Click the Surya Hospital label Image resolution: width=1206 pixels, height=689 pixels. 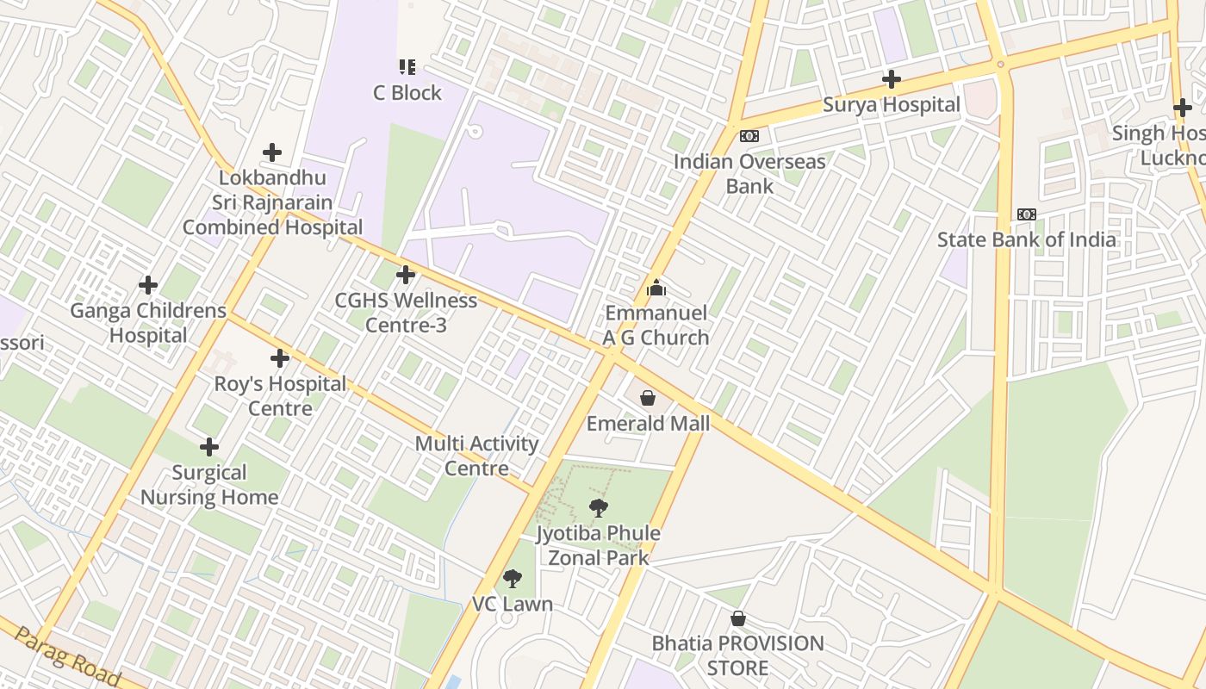click(891, 105)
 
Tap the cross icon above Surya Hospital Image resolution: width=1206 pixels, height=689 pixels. click(892, 80)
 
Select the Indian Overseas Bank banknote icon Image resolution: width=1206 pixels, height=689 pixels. click(749, 136)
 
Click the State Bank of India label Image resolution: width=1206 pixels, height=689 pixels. click(1027, 239)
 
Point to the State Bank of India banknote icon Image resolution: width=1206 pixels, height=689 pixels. click(1026, 214)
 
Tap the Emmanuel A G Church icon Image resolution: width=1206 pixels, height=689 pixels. click(656, 288)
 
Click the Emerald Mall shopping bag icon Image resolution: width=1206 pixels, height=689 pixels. click(648, 398)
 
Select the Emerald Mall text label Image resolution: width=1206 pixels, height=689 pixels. click(648, 424)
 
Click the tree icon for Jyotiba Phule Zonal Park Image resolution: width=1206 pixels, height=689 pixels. click(598, 508)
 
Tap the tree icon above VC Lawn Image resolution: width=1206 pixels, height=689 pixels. click(513, 579)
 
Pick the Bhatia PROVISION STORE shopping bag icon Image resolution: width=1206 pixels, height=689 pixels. click(738, 618)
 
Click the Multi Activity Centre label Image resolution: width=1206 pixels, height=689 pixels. click(476, 456)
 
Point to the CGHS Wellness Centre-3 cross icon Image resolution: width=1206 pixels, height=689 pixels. click(405, 276)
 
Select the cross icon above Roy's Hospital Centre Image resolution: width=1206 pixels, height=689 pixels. click(280, 358)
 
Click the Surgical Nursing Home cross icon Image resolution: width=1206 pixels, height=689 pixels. click(209, 447)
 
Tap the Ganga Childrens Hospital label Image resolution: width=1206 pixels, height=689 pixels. click(148, 323)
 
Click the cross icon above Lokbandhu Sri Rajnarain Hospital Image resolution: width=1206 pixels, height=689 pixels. click(272, 152)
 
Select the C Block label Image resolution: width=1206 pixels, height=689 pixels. click(407, 93)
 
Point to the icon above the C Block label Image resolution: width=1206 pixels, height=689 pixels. click(407, 67)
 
